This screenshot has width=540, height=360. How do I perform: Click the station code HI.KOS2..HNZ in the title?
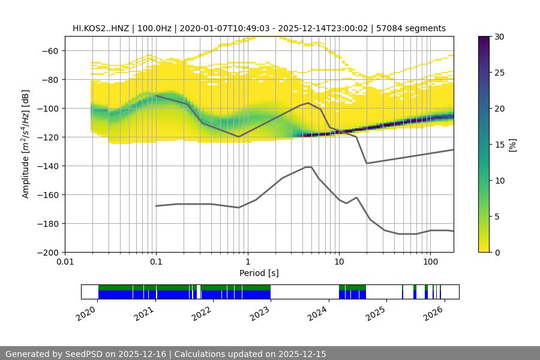pyautogui.click(x=100, y=28)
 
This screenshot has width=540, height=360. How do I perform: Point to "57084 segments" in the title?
pyautogui.click(x=413, y=28)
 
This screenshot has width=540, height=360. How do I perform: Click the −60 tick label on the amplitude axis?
pyautogui.click(x=49, y=51)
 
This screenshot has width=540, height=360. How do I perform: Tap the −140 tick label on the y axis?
pyautogui.click(x=46, y=166)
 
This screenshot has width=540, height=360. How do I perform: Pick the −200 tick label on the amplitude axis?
pyautogui.click(x=46, y=253)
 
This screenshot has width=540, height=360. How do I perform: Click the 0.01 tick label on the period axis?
pyautogui.click(x=65, y=262)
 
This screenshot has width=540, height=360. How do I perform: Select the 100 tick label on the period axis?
pyautogui.click(x=430, y=262)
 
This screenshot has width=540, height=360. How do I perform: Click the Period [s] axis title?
pyautogui.click(x=259, y=273)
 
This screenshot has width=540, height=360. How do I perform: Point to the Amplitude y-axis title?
pyautogui.click(x=25, y=144)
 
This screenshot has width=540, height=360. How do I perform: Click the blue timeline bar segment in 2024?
pyautogui.click(x=352, y=295)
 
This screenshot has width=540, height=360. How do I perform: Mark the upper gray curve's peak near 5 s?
pyautogui.click(x=308, y=103)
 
